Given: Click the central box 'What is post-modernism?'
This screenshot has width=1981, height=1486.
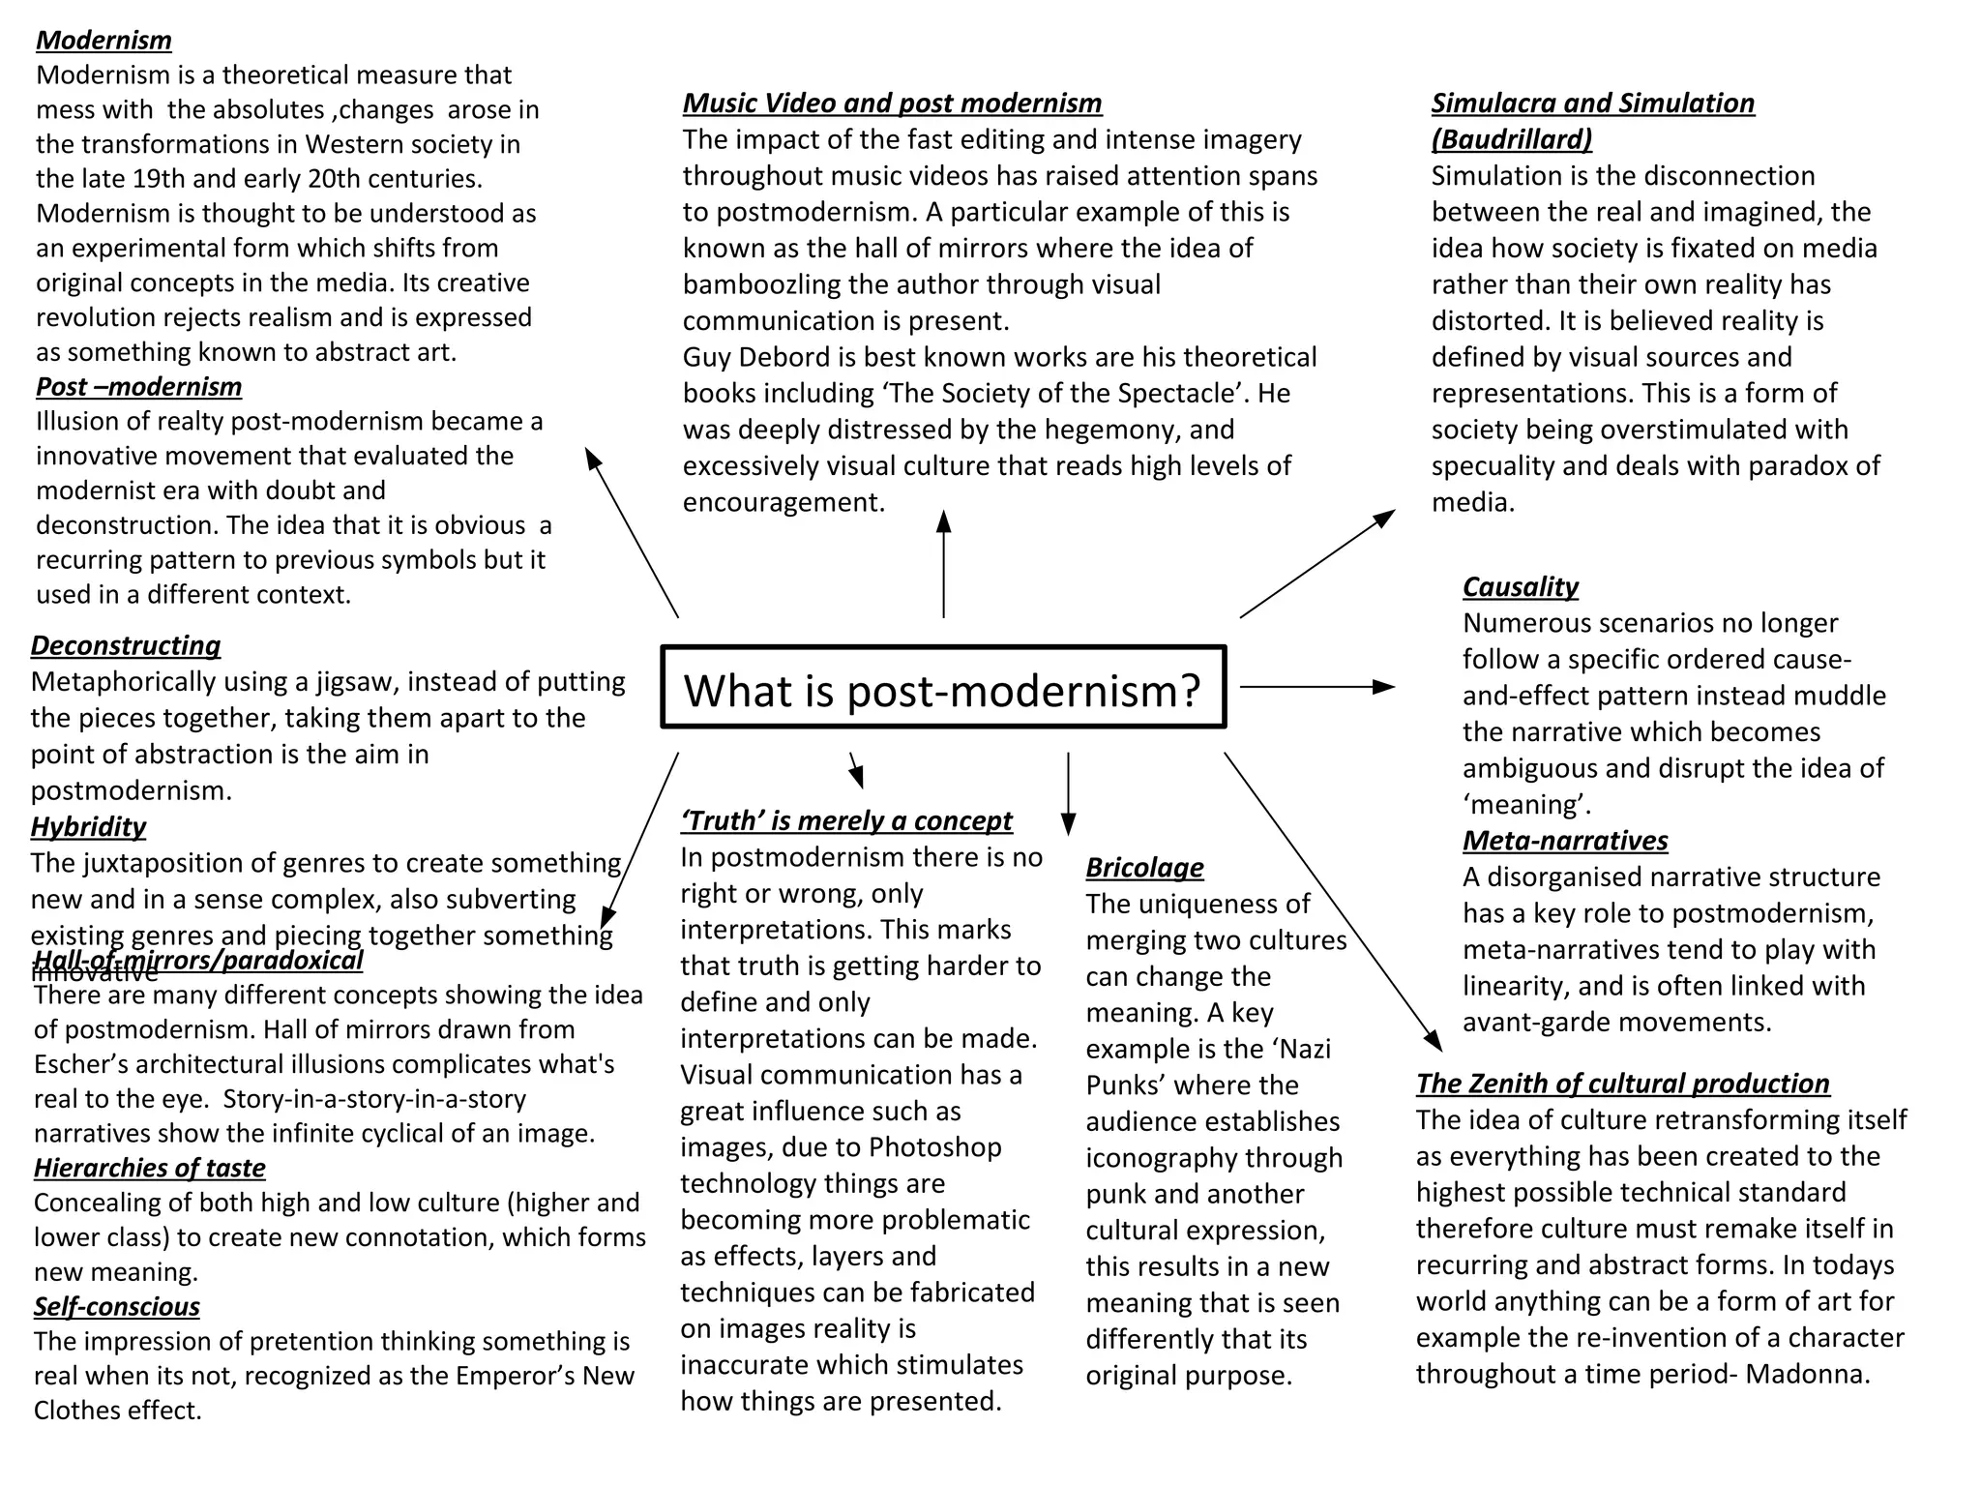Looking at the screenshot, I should tap(943, 688).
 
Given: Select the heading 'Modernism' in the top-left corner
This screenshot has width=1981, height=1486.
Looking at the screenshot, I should tap(103, 41).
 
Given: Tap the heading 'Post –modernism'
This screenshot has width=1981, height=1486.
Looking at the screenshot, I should tap(138, 387).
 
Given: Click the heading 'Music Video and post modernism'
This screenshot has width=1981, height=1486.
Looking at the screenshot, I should tap(892, 104).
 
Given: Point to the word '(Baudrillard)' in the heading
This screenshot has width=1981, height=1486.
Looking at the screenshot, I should tap(1511, 140).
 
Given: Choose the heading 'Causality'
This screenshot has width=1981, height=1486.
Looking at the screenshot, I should tap(1520, 587).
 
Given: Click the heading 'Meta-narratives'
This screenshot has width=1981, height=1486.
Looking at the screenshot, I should tap(1564, 841).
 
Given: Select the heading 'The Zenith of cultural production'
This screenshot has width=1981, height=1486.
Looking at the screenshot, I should tap(1622, 1084).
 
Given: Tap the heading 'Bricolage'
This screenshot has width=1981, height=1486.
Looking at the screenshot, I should tap(1144, 868).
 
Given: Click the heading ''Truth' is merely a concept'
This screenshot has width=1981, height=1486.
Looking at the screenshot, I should tap(845, 821).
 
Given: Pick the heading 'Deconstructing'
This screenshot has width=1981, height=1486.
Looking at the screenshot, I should tap(125, 646).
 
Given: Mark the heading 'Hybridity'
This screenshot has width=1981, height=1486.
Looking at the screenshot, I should tap(88, 827).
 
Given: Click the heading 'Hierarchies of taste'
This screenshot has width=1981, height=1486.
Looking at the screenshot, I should tap(149, 1169).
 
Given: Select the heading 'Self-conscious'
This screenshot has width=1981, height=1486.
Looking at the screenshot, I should tap(116, 1307).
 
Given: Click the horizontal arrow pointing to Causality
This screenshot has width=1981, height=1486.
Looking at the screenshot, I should tap(1316, 687).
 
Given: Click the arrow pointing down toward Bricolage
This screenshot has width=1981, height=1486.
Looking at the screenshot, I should tap(1068, 793).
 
